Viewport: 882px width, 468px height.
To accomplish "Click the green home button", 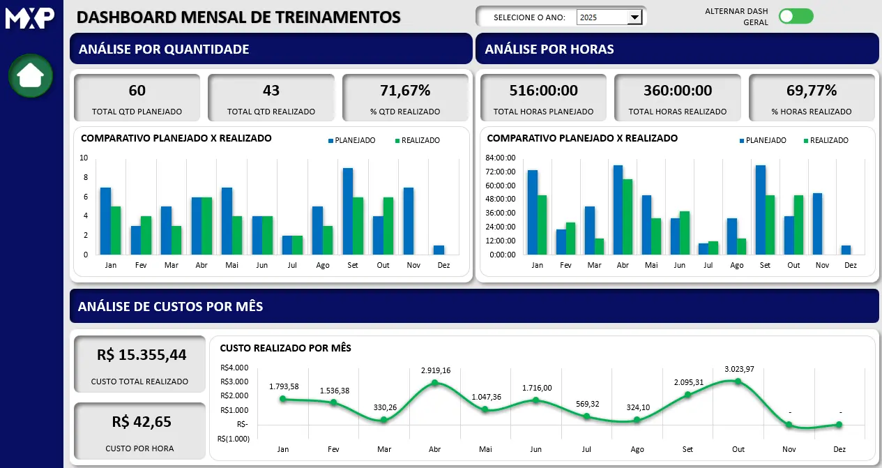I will click(31, 75).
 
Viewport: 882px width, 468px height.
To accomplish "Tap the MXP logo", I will click(30, 17).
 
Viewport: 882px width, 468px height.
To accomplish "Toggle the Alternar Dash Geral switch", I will click(796, 17).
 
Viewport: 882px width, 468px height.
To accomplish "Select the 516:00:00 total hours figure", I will click(543, 90).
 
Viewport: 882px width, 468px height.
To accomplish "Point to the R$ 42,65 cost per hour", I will click(140, 421).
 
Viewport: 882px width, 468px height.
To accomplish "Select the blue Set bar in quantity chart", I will click(347, 211).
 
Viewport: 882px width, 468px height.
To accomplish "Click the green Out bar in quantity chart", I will click(388, 226).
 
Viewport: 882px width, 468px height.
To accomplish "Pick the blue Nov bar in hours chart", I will click(817, 224).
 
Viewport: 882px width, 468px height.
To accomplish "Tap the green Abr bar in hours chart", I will click(628, 217).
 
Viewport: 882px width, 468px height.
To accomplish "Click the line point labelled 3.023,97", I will click(738, 381).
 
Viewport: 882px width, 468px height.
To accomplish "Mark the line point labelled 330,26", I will click(383, 420).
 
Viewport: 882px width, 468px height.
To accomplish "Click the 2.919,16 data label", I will click(435, 370).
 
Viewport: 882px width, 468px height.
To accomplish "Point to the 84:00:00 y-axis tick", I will click(501, 158).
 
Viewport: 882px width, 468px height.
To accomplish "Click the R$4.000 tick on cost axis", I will click(234, 368).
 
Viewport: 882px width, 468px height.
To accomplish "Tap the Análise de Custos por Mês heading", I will click(170, 306).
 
